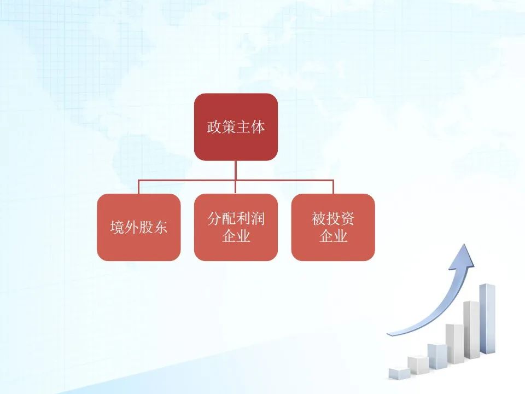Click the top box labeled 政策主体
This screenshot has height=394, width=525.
(236, 127)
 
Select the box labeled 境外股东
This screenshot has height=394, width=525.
(138, 227)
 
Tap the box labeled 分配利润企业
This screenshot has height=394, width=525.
(236, 227)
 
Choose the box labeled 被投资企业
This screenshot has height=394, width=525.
(333, 227)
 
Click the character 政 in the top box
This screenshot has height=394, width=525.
(214, 127)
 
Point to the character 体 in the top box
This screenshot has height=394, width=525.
(258, 127)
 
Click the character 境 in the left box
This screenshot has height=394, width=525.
(117, 227)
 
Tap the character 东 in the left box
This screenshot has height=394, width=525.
(160, 227)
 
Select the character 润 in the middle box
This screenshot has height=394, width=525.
(258, 219)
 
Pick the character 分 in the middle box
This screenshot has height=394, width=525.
(214, 219)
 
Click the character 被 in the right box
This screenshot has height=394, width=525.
(319, 219)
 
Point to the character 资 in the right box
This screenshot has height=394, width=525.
(347, 219)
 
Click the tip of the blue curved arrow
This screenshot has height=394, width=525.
(465, 244)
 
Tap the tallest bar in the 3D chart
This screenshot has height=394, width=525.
(487, 318)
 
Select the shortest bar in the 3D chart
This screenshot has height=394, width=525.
(399, 374)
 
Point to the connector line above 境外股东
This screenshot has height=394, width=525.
(138, 187)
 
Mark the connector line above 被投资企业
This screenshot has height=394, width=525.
(333, 187)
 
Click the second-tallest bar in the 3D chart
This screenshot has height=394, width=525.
(471, 329)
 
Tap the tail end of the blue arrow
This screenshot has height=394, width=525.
(388, 334)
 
